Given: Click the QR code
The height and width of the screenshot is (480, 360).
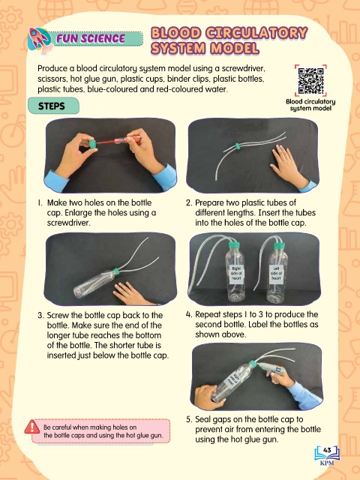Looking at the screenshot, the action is (x=310, y=80).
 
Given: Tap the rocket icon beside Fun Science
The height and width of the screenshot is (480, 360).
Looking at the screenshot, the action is (x=40, y=40).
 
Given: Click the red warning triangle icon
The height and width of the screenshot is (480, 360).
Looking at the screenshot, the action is (x=31, y=427).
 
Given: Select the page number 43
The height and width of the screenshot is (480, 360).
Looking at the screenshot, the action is (x=327, y=450).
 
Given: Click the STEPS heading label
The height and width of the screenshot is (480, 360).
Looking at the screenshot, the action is (x=52, y=106).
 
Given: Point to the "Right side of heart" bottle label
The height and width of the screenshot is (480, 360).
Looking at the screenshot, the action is (x=236, y=274).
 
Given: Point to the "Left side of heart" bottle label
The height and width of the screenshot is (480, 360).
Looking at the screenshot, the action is (x=276, y=273).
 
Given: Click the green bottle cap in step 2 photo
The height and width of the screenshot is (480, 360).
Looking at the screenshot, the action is (x=237, y=146).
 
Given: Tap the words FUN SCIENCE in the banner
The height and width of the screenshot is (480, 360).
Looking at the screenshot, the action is (x=91, y=39).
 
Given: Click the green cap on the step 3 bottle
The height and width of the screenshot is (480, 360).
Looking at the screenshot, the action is (x=115, y=271).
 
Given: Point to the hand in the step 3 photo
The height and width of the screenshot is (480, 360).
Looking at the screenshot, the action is (x=132, y=294).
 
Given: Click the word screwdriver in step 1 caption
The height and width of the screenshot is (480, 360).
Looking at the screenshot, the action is (x=68, y=223).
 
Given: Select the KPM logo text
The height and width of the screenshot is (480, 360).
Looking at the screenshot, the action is (x=327, y=463).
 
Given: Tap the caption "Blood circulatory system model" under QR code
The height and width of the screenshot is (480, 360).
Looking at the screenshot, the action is (x=310, y=105).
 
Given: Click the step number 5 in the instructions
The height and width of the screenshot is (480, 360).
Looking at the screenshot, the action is (x=188, y=419).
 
